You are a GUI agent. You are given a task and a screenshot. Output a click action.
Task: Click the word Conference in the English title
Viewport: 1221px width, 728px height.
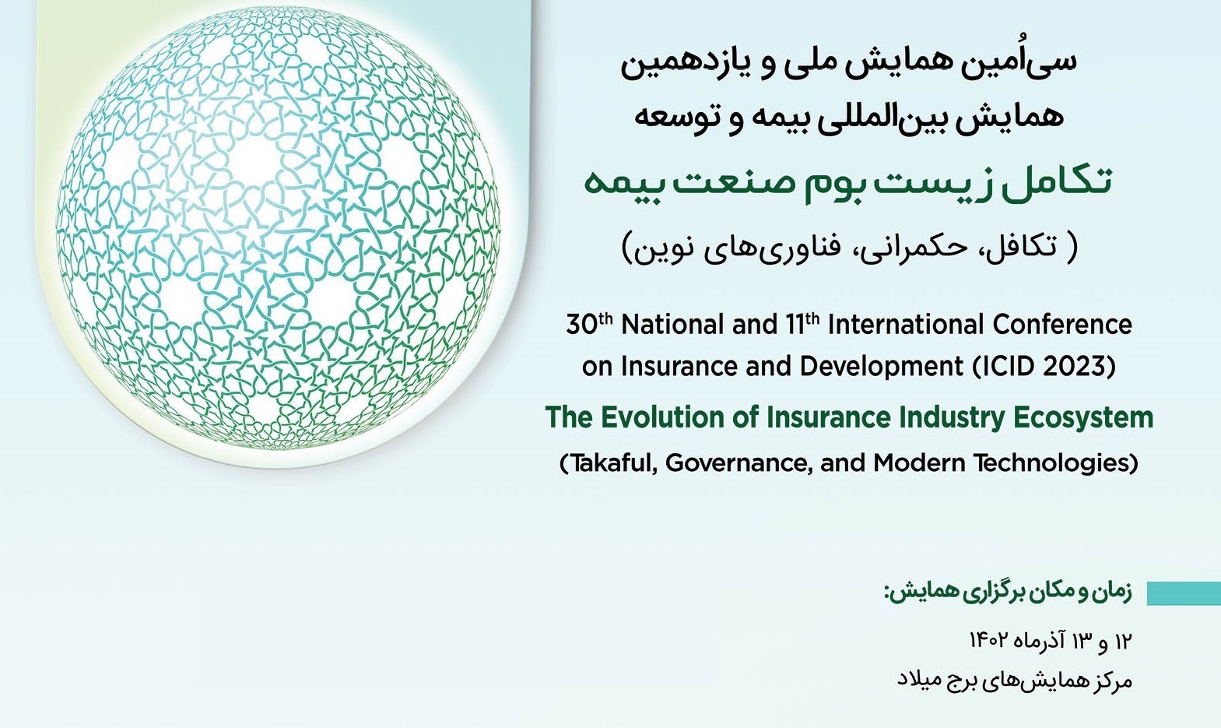coord(1062,325)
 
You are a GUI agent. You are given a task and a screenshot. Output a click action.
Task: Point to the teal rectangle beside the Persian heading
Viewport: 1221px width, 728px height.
coord(1184,594)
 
